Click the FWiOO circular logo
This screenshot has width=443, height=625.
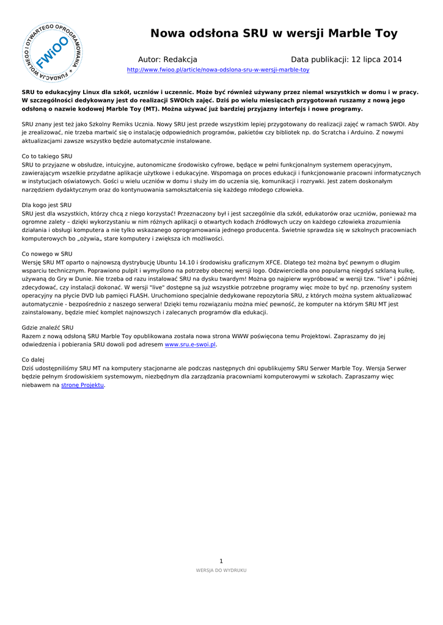(x=53, y=53)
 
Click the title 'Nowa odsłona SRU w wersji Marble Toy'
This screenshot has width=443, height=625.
(x=274, y=33)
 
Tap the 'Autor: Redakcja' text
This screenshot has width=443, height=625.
(x=167, y=59)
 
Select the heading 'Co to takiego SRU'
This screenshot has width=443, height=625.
(x=47, y=156)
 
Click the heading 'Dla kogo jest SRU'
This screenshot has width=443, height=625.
(x=46, y=205)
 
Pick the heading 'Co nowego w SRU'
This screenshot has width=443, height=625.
(x=47, y=253)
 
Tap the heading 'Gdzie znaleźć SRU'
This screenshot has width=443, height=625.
(x=48, y=327)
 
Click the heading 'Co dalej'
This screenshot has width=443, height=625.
(x=34, y=360)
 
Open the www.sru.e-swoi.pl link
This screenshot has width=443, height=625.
(x=191, y=344)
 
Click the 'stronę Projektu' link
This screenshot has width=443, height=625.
(x=82, y=385)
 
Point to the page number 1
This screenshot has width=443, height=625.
(x=221, y=561)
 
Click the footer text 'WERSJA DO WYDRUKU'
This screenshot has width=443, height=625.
(x=221, y=570)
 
